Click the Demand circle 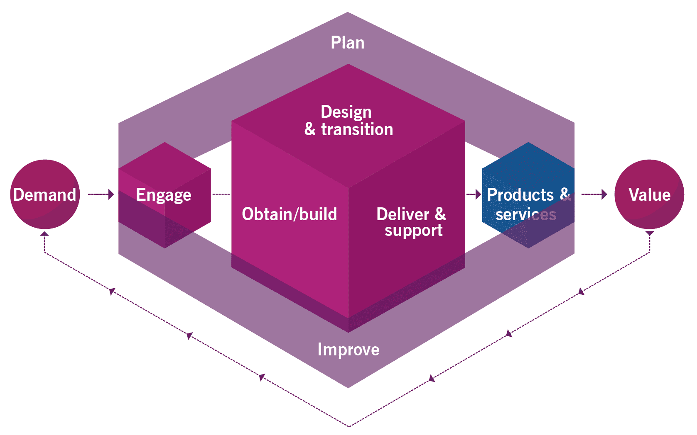45,194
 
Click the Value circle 649,194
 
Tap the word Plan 347,43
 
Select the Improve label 348,350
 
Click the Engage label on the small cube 164,195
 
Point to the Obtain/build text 289,214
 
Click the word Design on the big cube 346,112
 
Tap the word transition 357,129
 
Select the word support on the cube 413,231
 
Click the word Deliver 402,214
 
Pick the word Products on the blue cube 520,194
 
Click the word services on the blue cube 525,214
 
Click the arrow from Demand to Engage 101,194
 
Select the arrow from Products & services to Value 594,194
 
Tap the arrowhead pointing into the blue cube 478,194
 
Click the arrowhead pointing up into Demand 44,234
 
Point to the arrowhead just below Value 650,234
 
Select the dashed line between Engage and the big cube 221,194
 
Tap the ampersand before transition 310,129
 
